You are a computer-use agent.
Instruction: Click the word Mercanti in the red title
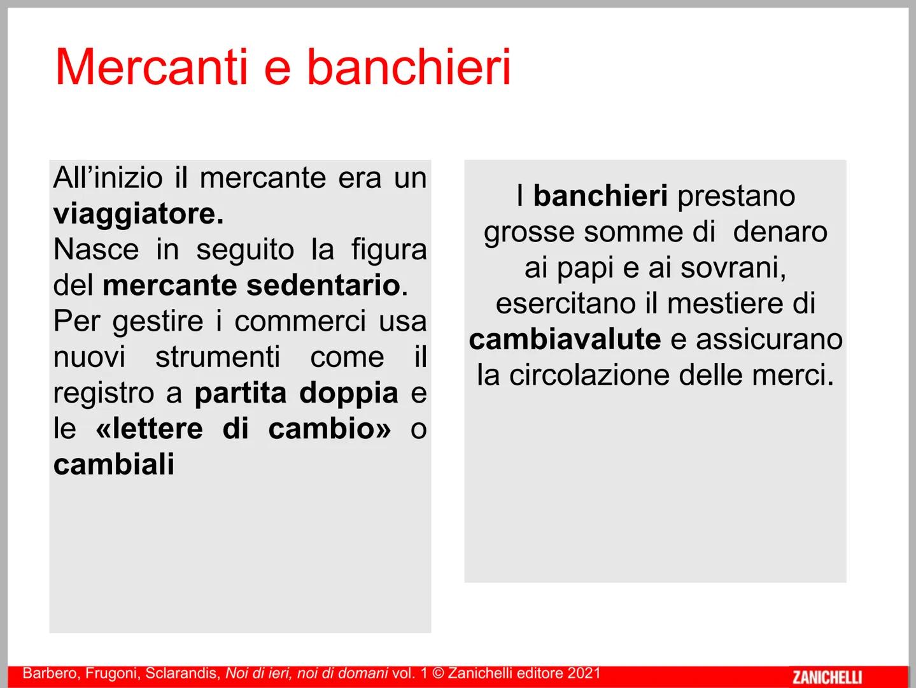pos(151,68)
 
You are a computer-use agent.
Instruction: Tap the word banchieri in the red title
pos(409,68)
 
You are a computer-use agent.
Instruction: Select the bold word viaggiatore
pos(138,214)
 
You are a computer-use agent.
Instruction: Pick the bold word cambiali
pos(114,464)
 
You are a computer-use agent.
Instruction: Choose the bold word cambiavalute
pos(565,339)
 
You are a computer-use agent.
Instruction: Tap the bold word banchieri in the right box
pos(600,196)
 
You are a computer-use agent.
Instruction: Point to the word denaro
pos(780,232)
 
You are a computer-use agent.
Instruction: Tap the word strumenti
pos(218,357)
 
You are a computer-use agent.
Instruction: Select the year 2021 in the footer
pos(584,673)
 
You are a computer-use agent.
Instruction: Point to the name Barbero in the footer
pos(48,673)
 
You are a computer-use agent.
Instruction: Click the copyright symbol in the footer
pos(437,673)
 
